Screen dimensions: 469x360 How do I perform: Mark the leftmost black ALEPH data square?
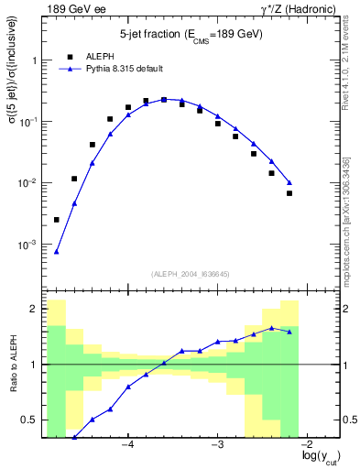tap(57, 220)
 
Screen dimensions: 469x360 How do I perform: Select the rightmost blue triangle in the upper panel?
tap(289, 182)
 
